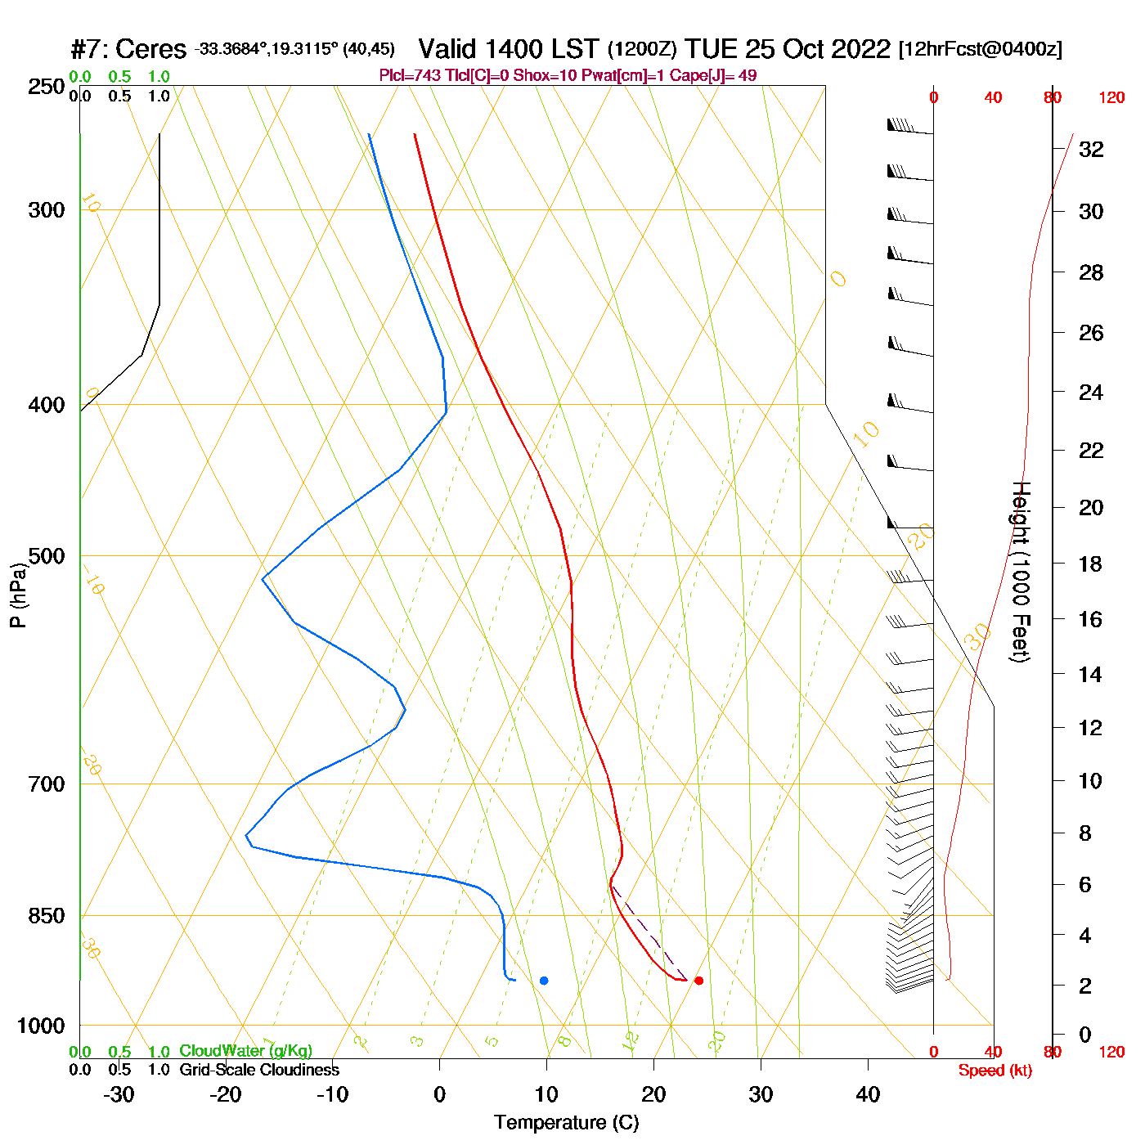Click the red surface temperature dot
tap(698, 981)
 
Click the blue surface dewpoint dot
tap(544, 981)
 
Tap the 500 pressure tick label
tap(47, 557)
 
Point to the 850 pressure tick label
tap(47, 916)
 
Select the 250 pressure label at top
tap(47, 87)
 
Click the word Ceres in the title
tap(151, 49)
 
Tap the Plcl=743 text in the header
tap(410, 76)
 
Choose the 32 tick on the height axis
tap(1091, 150)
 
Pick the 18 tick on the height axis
tap(1090, 564)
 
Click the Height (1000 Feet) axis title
tap(1020, 572)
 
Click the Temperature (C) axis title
tap(566, 1123)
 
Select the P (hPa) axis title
tap(18, 595)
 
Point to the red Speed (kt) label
tap(995, 1071)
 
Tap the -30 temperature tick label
tap(119, 1094)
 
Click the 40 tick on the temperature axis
tap(868, 1094)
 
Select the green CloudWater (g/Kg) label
tap(245, 1051)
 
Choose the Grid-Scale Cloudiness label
tap(259, 1070)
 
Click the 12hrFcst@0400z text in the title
tap(981, 49)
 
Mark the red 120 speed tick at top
tap(1111, 98)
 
